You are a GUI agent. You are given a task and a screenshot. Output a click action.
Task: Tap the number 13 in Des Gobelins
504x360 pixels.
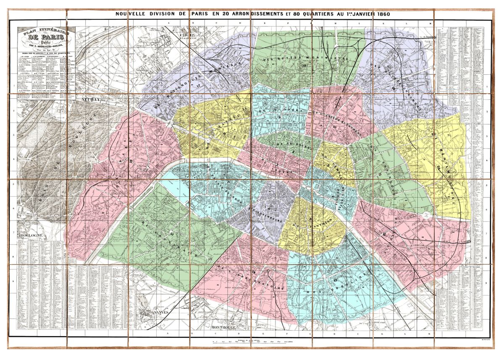(335, 280)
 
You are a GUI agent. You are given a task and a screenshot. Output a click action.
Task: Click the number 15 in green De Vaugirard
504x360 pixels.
(172, 233)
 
